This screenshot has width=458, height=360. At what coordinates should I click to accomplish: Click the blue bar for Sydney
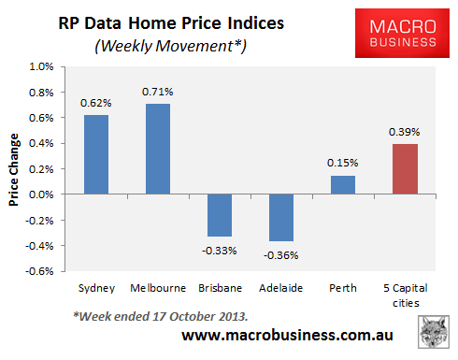point(95,154)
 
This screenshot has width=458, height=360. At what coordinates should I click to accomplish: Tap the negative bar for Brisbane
point(220,215)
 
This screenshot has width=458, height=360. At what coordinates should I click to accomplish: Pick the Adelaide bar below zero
point(281,217)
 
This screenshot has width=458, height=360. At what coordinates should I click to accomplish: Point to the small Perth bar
point(344,185)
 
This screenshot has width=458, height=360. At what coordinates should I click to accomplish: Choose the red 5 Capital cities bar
point(406,169)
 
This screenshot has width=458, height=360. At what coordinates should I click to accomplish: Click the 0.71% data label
point(158,92)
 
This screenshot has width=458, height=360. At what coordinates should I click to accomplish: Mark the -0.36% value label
point(282,253)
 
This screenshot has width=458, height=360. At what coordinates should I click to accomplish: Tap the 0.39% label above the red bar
point(406,132)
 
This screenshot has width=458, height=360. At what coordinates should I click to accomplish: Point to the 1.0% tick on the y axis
point(42,67)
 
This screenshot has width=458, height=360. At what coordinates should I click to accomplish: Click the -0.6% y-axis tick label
point(40,271)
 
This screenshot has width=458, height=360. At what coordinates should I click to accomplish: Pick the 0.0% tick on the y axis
point(42,194)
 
